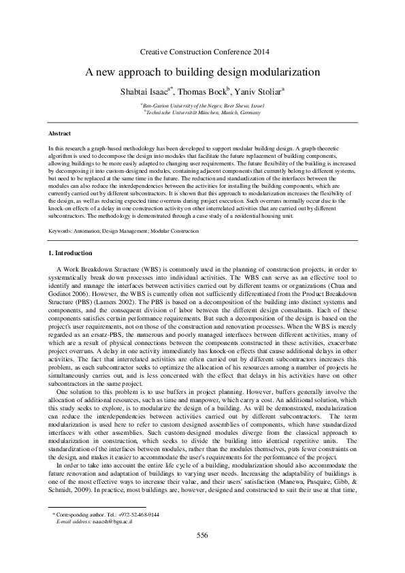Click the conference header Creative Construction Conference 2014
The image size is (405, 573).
tap(204, 52)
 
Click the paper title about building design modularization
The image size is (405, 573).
tap(202, 71)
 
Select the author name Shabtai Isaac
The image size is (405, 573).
tap(144, 91)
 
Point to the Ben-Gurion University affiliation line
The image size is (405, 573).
tap(202, 106)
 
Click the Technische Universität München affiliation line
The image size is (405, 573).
tap(202, 113)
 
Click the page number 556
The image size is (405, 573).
tap(202, 534)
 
